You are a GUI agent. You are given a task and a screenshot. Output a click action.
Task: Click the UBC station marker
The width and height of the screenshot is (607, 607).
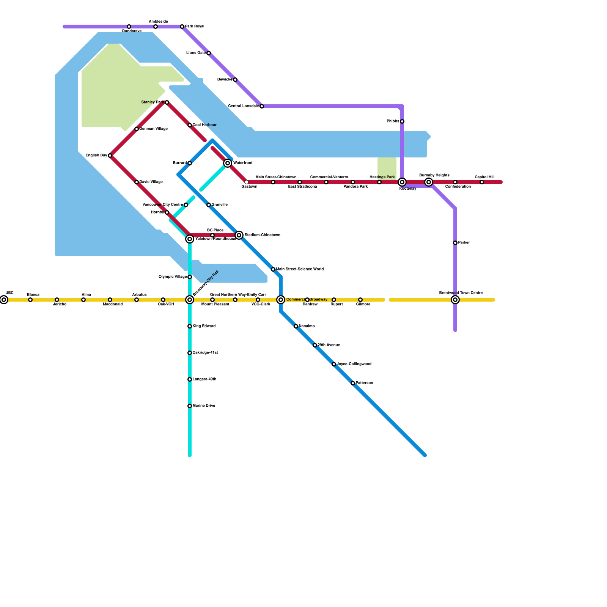[x=4, y=300]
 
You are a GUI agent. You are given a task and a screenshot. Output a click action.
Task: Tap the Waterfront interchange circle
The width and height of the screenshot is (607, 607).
[x=228, y=163]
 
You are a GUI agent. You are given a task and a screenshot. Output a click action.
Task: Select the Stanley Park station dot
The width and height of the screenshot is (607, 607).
[x=167, y=102]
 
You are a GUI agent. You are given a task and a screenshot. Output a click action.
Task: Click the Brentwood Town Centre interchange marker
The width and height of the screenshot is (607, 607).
[x=455, y=300]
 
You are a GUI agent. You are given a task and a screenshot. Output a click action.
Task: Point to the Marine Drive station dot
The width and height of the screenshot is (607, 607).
[x=190, y=406]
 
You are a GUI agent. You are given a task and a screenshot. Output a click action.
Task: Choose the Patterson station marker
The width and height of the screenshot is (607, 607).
[x=353, y=383]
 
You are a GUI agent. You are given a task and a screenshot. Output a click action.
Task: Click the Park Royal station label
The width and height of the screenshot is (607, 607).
[x=195, y=27]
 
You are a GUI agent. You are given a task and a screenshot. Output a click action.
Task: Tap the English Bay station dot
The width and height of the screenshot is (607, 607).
[x=110, y=156]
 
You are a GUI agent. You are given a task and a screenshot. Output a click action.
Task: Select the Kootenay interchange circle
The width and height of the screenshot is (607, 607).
[x=402, y=182]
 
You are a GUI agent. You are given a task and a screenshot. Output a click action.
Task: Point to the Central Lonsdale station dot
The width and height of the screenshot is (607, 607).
[x=262, y=106]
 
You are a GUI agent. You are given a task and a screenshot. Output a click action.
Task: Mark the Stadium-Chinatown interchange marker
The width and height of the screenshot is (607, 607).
[x=239, y=235]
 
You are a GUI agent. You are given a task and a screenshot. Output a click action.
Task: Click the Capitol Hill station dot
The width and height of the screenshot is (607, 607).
[x=482, y=182]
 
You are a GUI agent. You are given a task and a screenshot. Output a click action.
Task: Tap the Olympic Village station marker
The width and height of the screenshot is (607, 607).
[x=190, y=277]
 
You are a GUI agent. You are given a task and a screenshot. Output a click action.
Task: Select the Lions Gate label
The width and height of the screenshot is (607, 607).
[x=196, y=53]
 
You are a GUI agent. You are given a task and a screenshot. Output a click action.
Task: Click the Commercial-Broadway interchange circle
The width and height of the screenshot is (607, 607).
[x=281, y=300]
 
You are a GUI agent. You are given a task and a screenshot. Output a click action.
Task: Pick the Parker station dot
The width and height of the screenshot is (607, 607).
[x=455, y=243]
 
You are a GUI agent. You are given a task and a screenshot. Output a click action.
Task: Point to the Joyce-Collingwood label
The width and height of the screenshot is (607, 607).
[x=354, y=364]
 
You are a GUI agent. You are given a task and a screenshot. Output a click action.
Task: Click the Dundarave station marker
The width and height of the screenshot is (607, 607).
[x=129, y=27]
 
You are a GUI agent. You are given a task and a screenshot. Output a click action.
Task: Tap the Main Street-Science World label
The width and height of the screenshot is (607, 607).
[x=300, y=269]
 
